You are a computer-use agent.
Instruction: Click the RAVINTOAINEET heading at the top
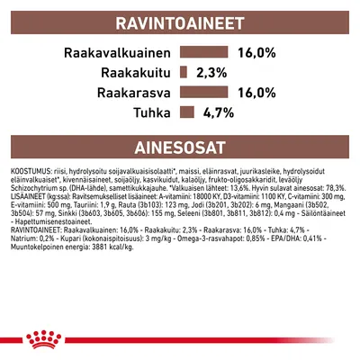point(180,22)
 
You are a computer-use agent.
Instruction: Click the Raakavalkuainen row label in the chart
point(116,53)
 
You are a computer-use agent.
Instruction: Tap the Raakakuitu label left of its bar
point(136,73)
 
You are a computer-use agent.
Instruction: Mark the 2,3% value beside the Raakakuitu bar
point(215,73)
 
